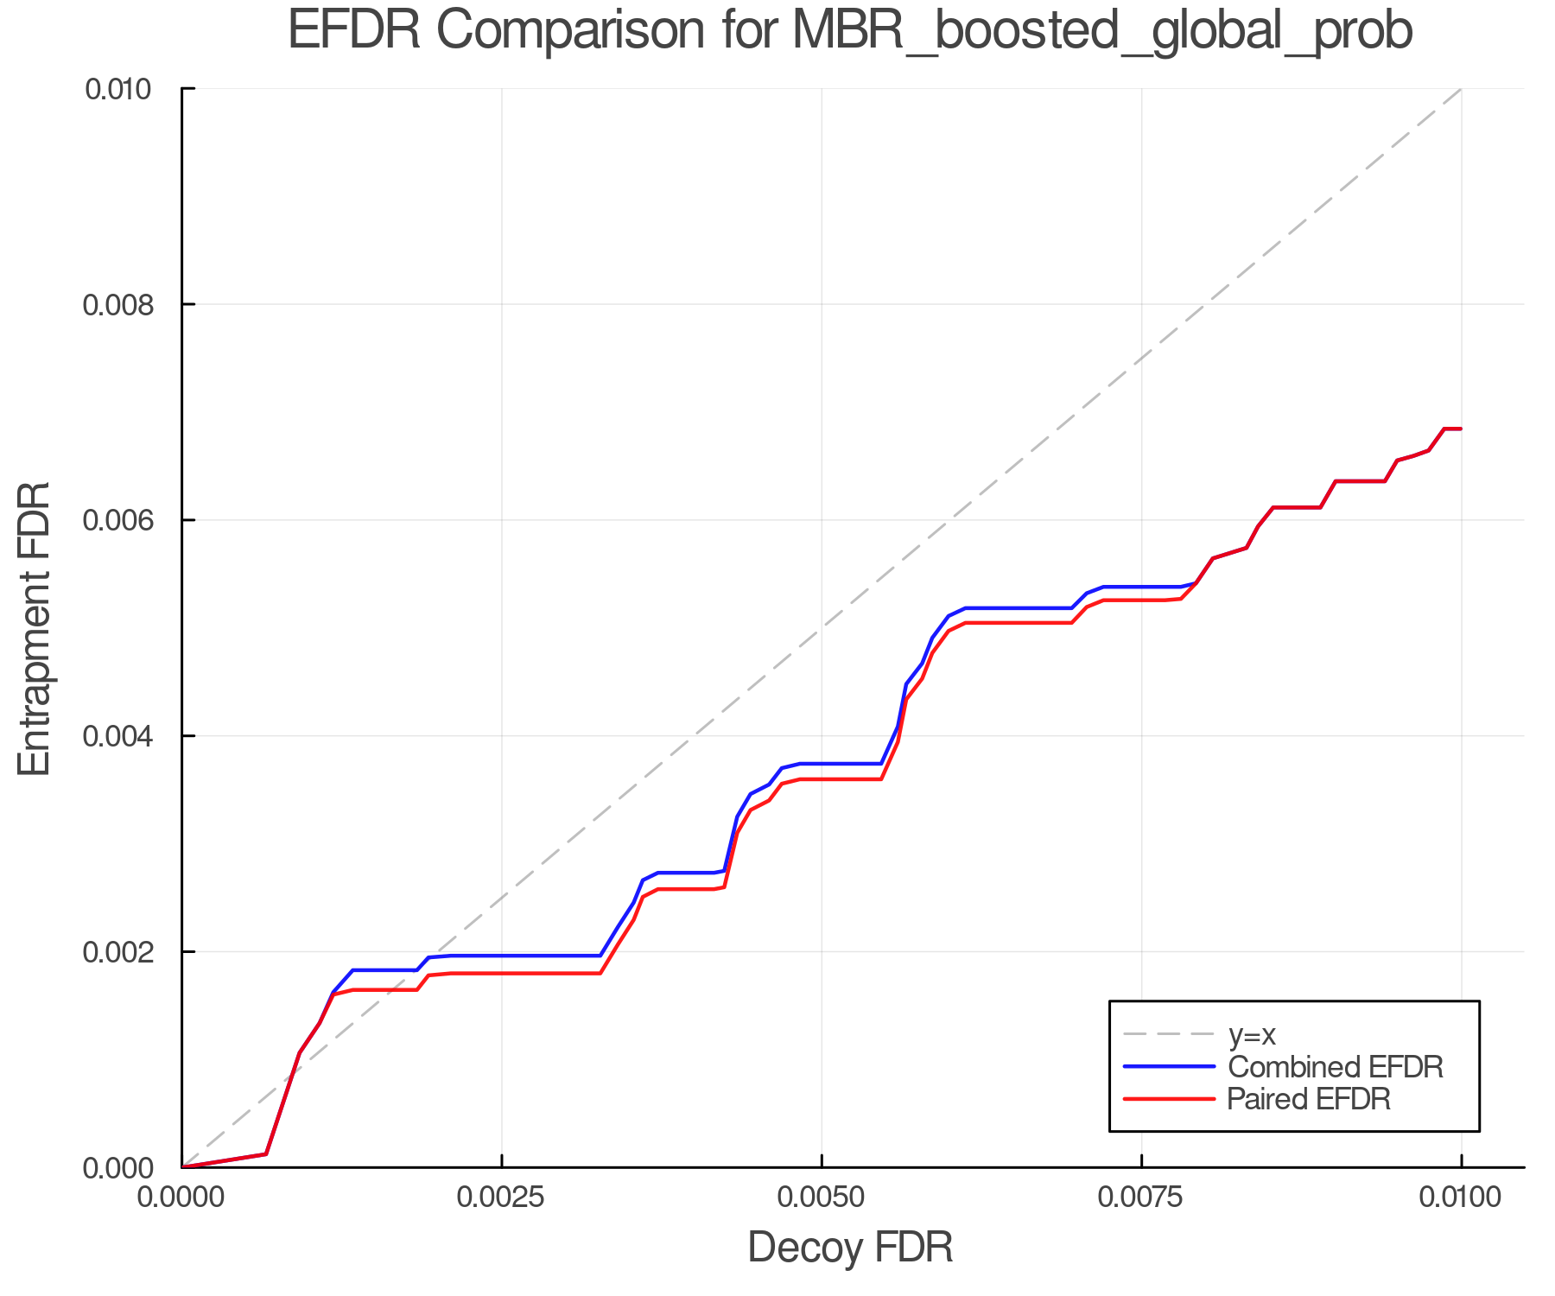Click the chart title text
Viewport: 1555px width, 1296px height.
pyautogui.click(x=849, y=31)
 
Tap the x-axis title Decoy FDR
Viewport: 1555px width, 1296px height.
pyautogui.click(x=850, y=1248)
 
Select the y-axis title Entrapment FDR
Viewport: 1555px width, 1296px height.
pyautogui.click(x=35, y=629)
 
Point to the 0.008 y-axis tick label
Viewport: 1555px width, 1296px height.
pyautogui.click(x=127, y=305)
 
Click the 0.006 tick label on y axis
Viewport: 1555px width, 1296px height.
pyautogui.click(x=127, y=520)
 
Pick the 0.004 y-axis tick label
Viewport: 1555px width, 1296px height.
pyautogui.click(x=127, y=736)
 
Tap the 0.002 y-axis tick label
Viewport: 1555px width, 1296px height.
pyautogui.click(x=127, y=952)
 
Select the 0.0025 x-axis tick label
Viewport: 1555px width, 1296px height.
pyautogui.click(x=501, y=1198)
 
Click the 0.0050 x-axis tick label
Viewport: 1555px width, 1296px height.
pyautogui.click(x=821, y=1198)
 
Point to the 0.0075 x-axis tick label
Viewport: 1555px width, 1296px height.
pyautogui.click(x=1141, y=1198)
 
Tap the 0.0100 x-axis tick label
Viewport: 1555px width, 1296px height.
pyautogui.click(x=1460, y=1198)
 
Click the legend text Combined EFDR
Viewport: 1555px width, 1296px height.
pyautogui.click(x=1336, y=1067)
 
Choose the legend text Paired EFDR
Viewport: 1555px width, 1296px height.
pyautogui.click(x=1309, y=1099)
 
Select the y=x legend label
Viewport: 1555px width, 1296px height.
pyautogui.click(x=1252, y=1034)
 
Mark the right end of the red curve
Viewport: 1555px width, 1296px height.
pyautogui.click(x=1460, y=429)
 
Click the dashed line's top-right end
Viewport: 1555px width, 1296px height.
pyautogui.click(x=1460, y=89)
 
